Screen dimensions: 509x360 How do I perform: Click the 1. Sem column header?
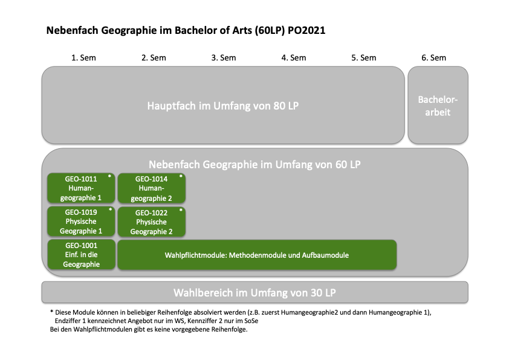[x=83, y=58]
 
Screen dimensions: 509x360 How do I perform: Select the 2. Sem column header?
[x=154, y=58]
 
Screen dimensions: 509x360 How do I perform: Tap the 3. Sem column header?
[x=224, y=58]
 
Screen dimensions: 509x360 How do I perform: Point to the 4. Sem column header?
[x=294, y=58]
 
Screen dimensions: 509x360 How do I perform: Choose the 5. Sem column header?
[x=364, y=58]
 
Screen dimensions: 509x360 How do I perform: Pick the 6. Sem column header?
[x=433, y=58]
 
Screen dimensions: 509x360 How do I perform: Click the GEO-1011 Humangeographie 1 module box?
[x=81, y=188]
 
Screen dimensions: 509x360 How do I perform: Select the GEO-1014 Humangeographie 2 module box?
[x=152, y=188]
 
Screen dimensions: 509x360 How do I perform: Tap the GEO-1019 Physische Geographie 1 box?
[x=81, y=221]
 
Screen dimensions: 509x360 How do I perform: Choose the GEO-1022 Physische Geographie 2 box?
[x=152, y=222]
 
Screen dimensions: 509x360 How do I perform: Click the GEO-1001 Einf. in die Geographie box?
[x=82, y=255]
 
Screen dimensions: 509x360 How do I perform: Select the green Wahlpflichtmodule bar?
[x=257, y=255]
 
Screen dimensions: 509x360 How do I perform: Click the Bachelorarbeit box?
[x=438, y=105]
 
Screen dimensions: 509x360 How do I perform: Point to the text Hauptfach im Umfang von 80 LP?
[x=223, y=106]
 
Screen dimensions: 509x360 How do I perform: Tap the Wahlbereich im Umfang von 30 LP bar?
[x=255, y=292]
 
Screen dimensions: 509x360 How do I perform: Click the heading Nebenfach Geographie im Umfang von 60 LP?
[x=255, y=165]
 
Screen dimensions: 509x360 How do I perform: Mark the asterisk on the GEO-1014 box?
[x=181, y=177]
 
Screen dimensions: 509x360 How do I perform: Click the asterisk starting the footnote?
[x=51, y=312]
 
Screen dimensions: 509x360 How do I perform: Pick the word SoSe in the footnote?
[x=251, y=321]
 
